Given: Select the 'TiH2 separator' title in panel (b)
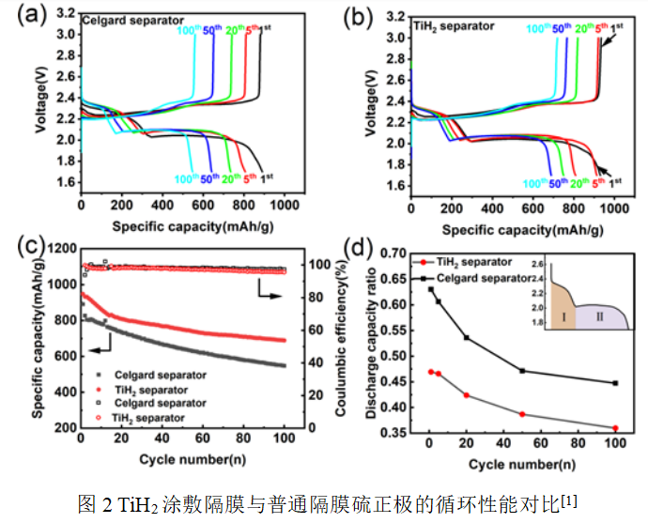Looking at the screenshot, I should point(454,26).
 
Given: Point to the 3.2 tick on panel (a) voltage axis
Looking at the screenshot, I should point(69,13).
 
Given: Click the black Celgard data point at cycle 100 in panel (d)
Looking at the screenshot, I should point(614,383).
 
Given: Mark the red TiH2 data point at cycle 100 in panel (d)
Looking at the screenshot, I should point(614,428).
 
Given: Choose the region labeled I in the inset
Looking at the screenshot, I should point(562,317).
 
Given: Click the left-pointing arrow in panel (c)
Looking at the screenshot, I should point(93,349).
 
